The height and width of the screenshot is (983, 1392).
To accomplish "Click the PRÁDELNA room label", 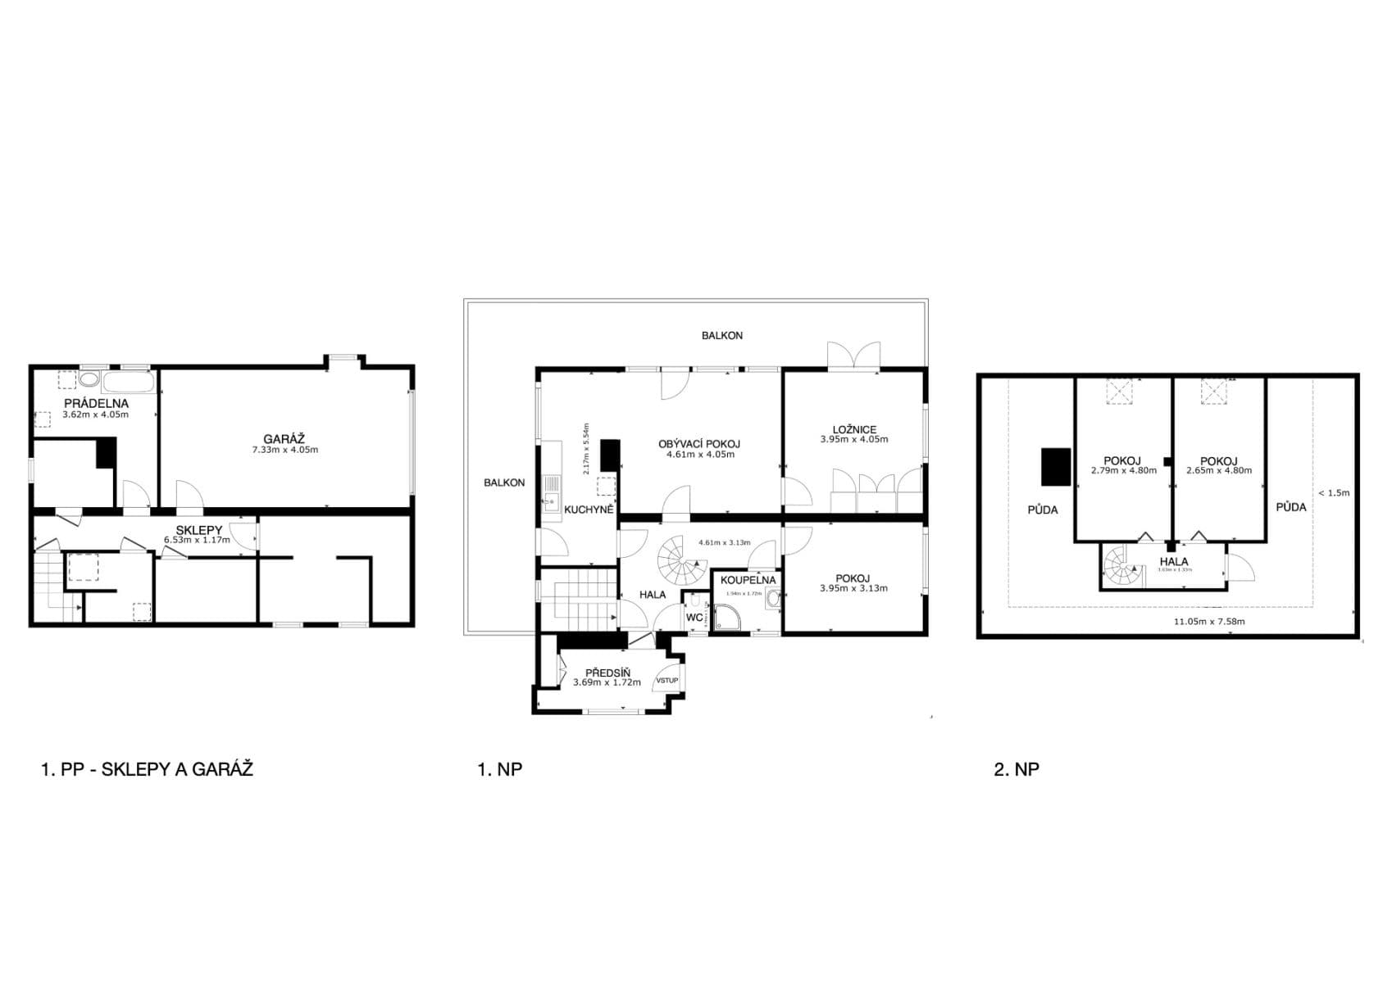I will pos(96,403).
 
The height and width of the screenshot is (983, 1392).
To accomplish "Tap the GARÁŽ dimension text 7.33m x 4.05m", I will pos(284,450).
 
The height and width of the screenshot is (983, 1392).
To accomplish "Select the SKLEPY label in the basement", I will pos(198,530).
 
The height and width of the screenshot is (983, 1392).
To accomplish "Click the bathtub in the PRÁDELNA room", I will pos(127,381).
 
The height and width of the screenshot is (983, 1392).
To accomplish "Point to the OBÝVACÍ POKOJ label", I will pos(698,444).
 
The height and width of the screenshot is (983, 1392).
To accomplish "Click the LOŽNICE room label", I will pos(853,429).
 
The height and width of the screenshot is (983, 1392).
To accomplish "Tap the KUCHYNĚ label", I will pos(589,509).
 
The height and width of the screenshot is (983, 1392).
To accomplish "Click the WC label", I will pos(694,617).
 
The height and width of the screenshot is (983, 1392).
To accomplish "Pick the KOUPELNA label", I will pos(747,580).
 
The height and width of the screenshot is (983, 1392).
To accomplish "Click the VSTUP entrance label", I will pos(666,680).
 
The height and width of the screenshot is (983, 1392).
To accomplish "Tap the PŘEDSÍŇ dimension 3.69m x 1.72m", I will pos(607,682).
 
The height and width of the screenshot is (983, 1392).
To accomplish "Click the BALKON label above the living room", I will pos(721,335).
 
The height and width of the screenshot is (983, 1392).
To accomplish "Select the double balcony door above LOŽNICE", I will pos(853,357).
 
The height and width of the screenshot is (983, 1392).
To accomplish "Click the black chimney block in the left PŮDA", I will pos(1056,467).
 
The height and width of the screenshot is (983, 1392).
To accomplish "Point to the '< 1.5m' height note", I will pos(1332,492).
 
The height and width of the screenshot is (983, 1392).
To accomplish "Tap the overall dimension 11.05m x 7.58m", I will pos(1208,622).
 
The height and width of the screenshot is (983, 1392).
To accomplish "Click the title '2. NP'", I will pos(1016,769).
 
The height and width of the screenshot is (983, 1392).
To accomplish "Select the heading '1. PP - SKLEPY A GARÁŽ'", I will pos(147,769).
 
